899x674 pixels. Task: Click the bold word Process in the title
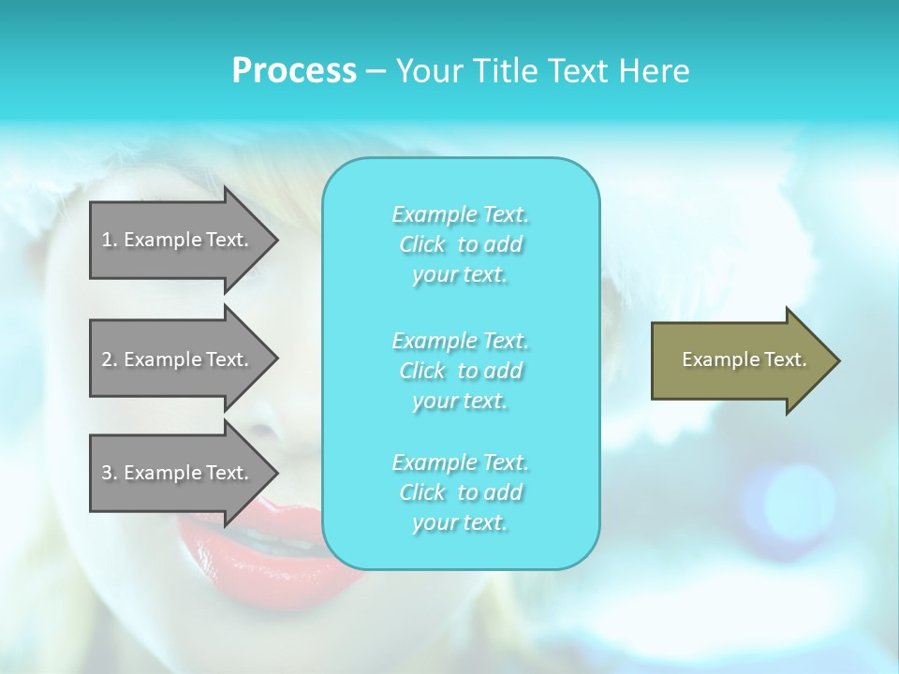point(294,71)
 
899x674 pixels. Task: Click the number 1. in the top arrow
point(109,240)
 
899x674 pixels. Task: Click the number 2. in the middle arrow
point(109,359)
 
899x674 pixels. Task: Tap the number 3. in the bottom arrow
point(109,473)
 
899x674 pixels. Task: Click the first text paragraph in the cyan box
point(460,244)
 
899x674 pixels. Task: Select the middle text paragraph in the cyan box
point(460,371)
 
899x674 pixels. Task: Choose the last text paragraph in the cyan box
point(460,492)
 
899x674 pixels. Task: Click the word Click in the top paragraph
point(421,244)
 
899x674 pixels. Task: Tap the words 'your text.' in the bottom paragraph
point(460,522)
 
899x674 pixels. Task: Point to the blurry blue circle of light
point(797,502)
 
